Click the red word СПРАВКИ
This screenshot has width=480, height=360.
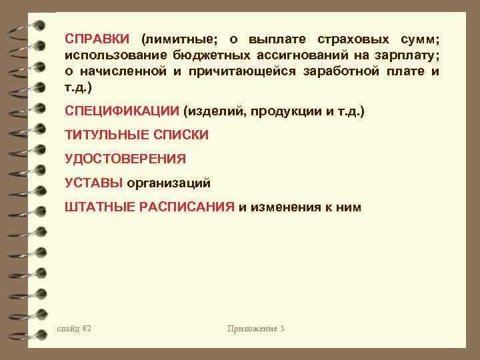coord(99,39)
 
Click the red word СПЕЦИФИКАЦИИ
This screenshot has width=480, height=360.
coord(123,111)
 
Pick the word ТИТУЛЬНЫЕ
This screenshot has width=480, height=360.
coord(107,135)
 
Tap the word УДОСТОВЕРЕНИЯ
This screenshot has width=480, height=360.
coord(125,159)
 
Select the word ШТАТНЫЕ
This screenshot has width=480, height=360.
coord(100,207)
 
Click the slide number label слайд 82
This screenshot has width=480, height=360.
coord(75,329)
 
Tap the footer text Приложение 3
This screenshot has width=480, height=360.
coord(255,329)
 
